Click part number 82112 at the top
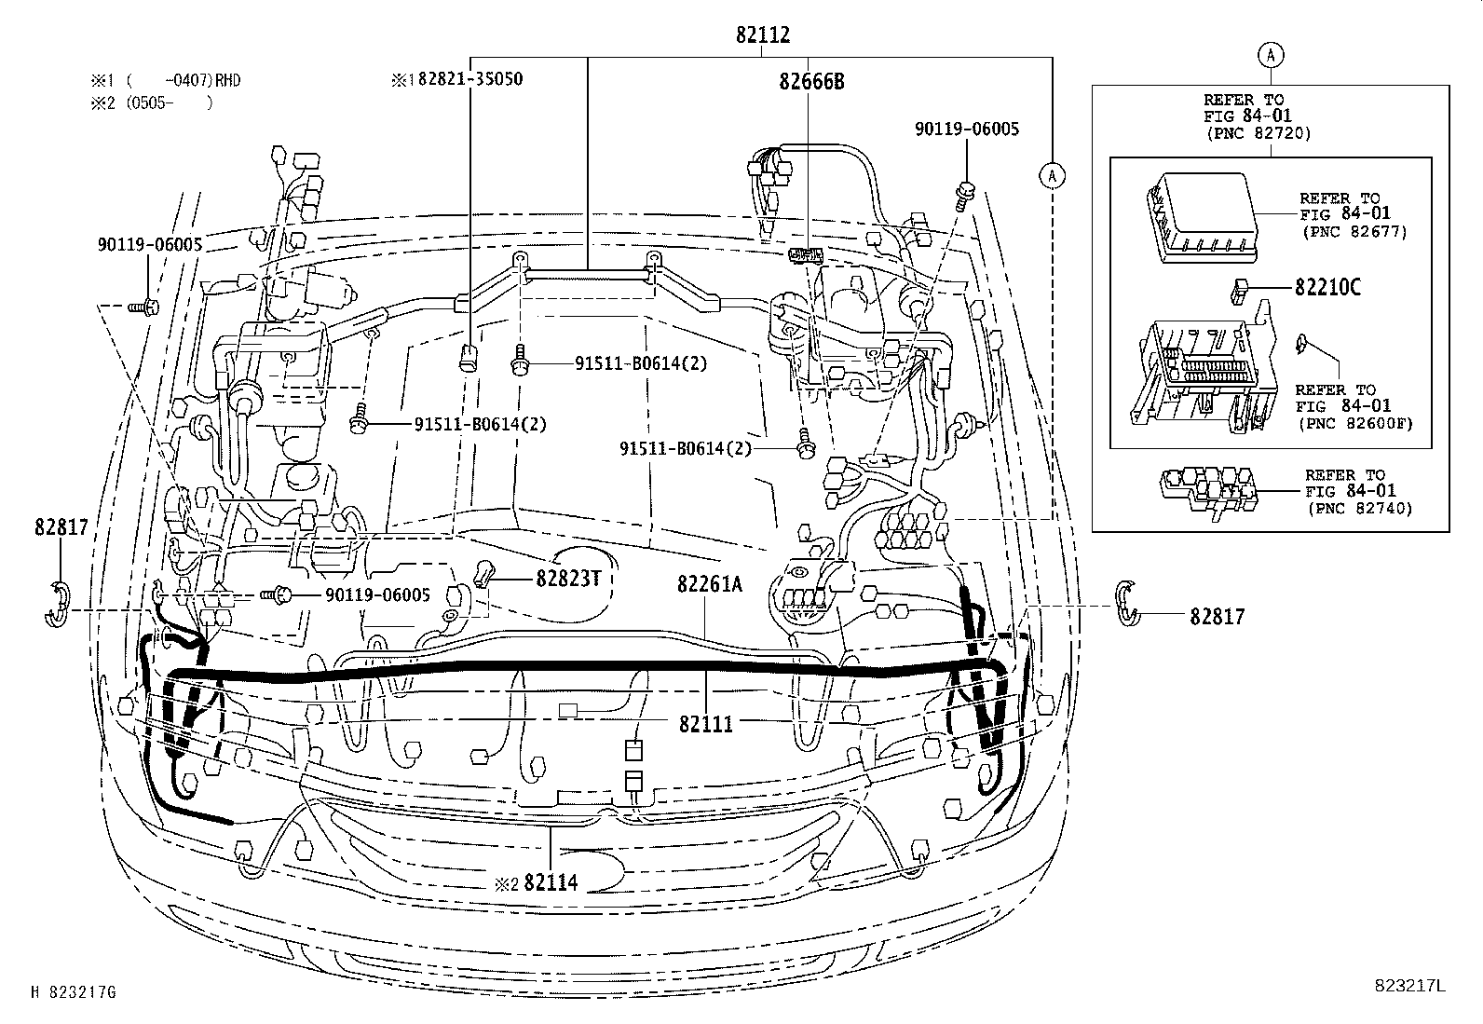coord(762,35)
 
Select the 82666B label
coord(811,81)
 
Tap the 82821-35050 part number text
coord(469,79)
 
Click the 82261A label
coord(710,584)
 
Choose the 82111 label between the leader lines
coord(705,724)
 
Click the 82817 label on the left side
coord(61,527)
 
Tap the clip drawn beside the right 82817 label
coord(1126,602)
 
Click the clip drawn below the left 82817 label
coord(58,605)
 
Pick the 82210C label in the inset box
coord(1327,287)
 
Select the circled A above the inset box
coord(1271,55)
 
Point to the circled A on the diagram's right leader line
coord(1052,174)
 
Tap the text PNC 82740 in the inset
coord(1360,508)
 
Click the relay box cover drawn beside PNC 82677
coord(1197,216)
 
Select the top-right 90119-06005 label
coord(966,130)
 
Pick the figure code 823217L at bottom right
coord(1409,986)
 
